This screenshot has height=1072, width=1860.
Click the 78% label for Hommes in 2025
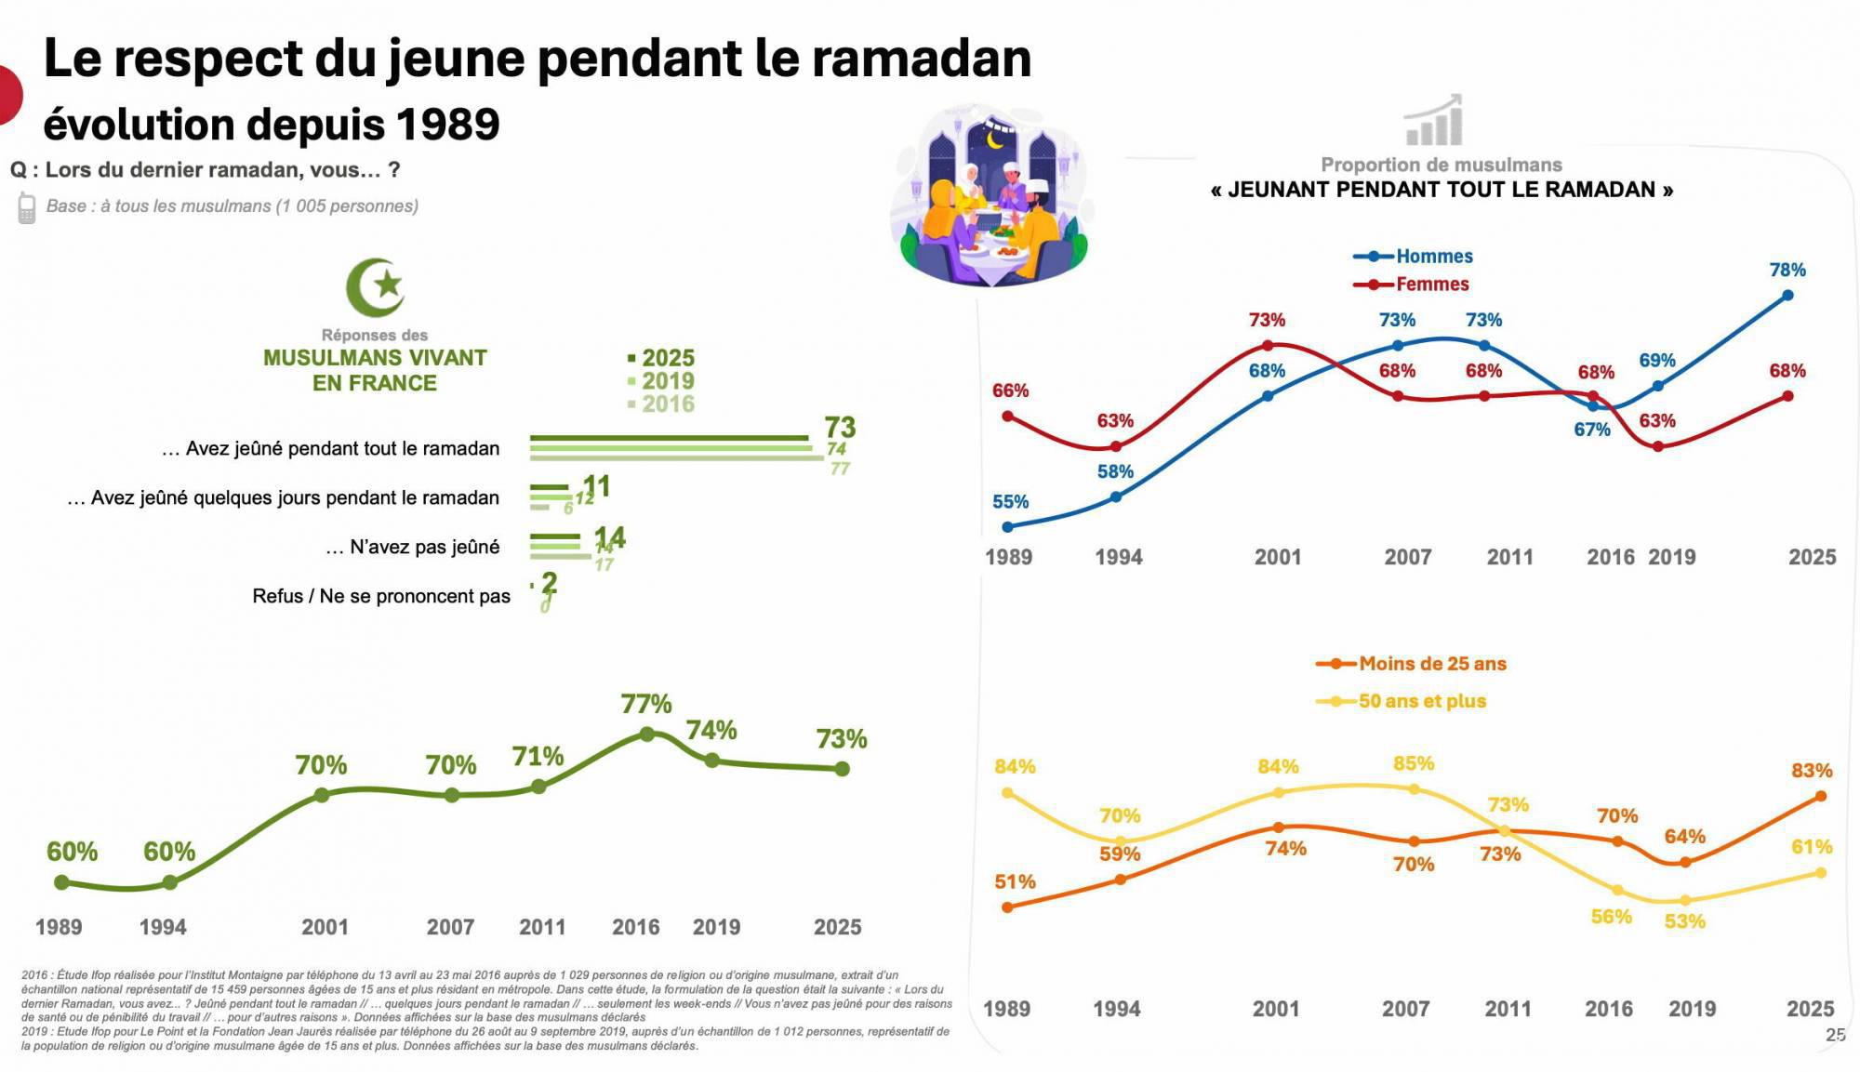click(x=1787, y=271)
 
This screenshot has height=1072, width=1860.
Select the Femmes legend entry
click(x=1431, y=285)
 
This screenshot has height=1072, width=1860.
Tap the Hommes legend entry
click(x=1433, y=257)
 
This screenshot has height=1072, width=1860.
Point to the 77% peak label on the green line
click(x=646, y=704)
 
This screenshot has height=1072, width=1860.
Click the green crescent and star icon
click(x=376, y=287)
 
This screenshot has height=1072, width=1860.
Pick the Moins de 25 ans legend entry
click(x=1431, y=664)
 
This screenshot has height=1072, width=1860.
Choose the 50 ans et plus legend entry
click(x=1421, y=701)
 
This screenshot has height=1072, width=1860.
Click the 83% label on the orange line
click(x=1812, y=771)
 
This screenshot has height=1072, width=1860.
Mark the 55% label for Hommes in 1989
click(x=1010, y=502)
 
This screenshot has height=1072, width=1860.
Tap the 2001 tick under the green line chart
click(x=325, y=927)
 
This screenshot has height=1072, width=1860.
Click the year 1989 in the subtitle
click(x=447, y=125)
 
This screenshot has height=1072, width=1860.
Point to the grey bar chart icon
click(x=1433, y=122)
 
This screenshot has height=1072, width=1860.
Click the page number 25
click(x=1835, y=1035)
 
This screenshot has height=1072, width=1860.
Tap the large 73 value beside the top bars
click(x=840, y=428)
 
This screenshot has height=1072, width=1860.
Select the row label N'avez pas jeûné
click(x=424, y=548)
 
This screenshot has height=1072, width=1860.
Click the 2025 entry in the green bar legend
click(x=667, y=358)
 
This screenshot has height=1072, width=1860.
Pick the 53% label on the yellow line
click(x=1684, y=921)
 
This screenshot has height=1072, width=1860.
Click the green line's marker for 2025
click(x=842, y=769)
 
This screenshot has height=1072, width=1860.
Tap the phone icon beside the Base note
click(x=27, y=207)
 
